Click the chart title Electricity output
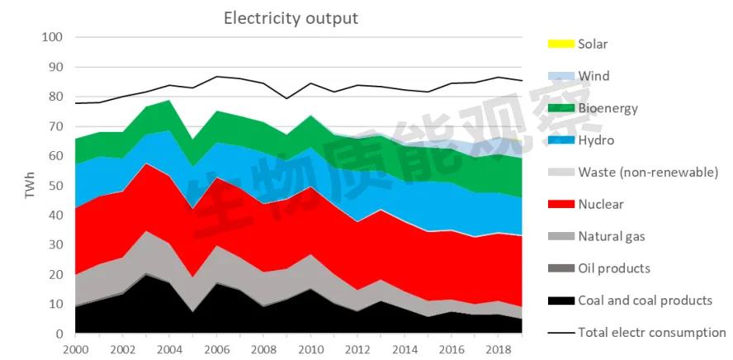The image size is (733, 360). pyautogui.click(x=291, y=18)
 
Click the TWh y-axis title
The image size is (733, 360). pyautogui.click(x=31, y=185)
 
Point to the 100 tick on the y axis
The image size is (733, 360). pyautogui.click(x=51, y=37)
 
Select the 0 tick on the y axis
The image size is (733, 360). pyautogui.click(x=59, y=334)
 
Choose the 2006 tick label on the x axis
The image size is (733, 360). pyautogui.click(x=217, y=349)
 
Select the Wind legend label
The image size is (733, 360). pyautogui.click(x=593, y=76)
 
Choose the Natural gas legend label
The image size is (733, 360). pyautogui.click(x=612, y=236)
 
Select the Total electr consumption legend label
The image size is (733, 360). pyautogui.click(x=651, y=333)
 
